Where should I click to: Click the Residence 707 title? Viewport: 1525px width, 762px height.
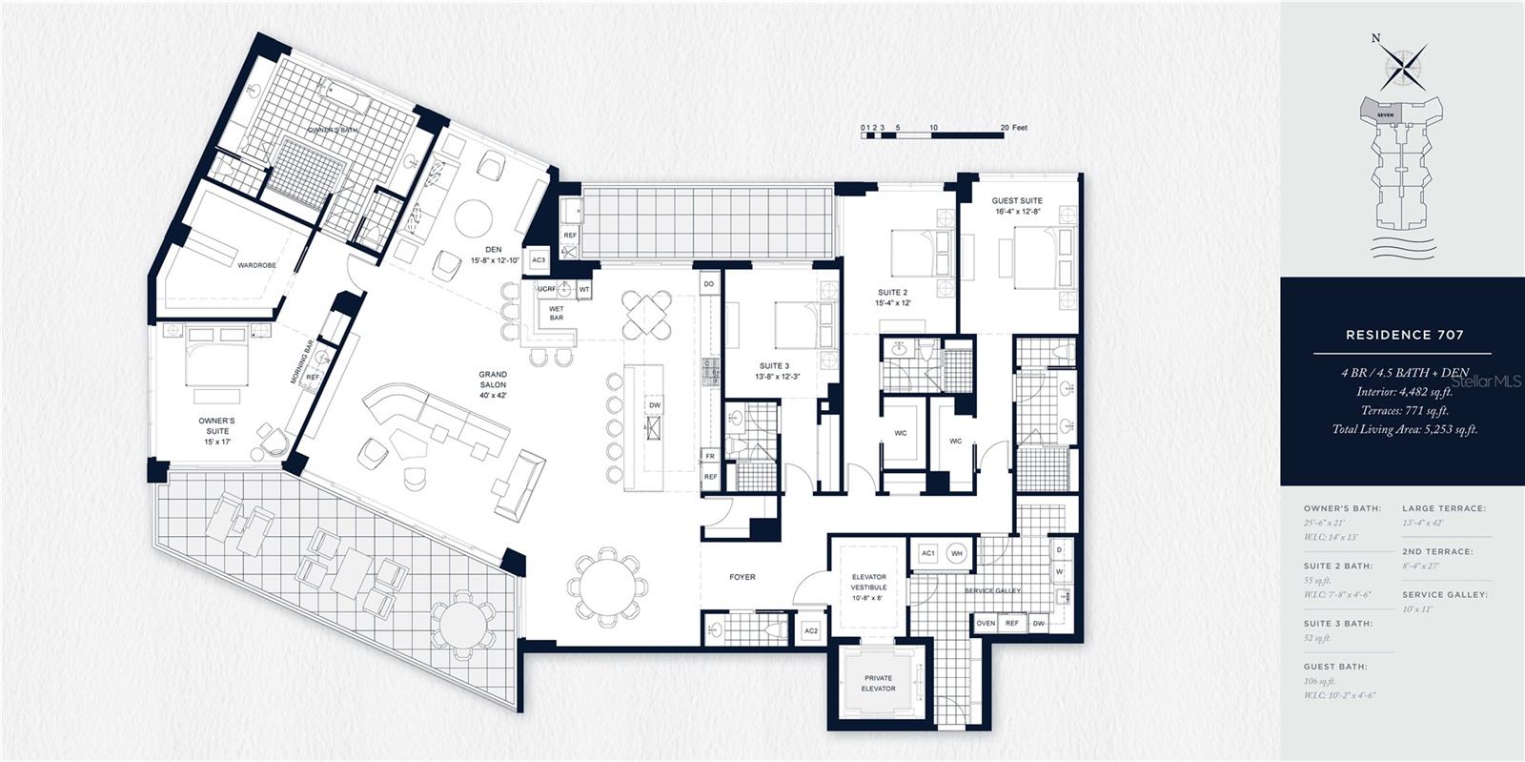click(x=1404, y=335)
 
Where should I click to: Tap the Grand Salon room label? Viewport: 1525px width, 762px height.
click(x=493, y=379)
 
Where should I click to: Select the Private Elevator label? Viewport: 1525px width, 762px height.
click(x=878, y=683)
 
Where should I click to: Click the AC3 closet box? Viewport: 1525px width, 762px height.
click(x=539, y=259)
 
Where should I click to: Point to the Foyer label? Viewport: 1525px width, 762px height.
click(x=742, y=576)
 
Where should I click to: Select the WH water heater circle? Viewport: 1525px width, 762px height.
click(x=957, y=553)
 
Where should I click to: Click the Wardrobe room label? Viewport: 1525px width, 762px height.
click(x=256, y=265)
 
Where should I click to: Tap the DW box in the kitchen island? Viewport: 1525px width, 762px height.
click(x=655, y=404)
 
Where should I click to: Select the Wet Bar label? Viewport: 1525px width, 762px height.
click(x=556, y=313)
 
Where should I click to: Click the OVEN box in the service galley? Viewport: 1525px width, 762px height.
click(x=986, y=623)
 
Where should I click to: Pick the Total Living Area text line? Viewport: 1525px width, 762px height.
click(x=1404, y=429)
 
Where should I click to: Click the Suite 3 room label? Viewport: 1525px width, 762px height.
click(x=774, y=371)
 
